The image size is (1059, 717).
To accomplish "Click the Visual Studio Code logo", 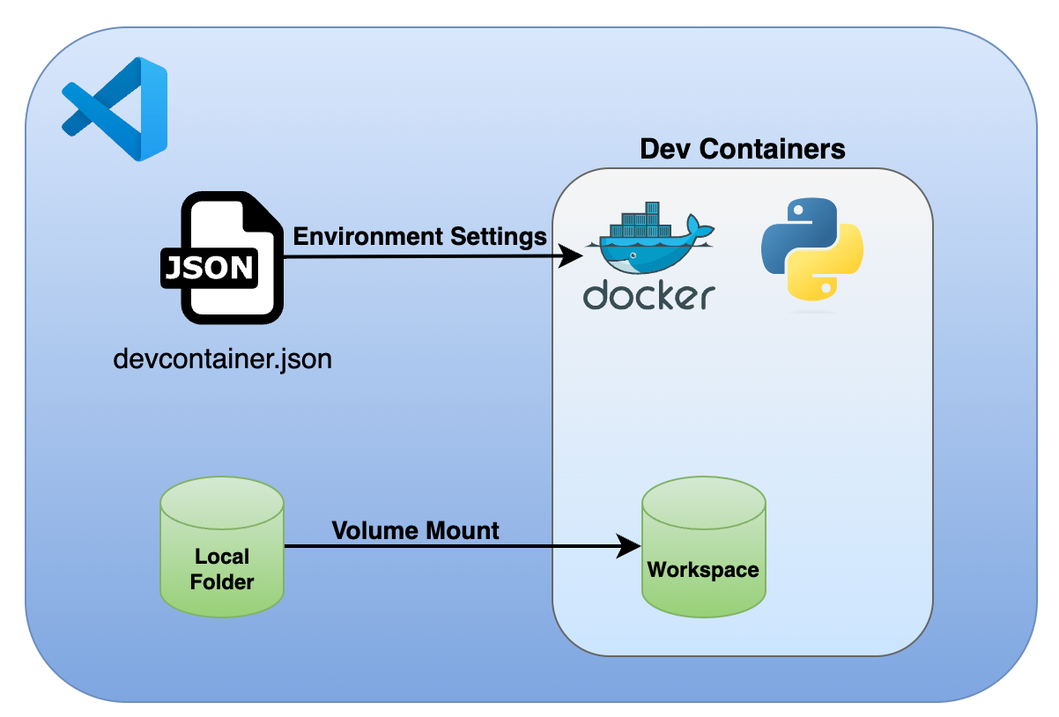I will (115, 108).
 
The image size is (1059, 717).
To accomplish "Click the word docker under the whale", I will (649, 296).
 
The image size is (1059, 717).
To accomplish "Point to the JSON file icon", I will (221, 259).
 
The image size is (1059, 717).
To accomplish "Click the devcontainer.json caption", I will (223, 359).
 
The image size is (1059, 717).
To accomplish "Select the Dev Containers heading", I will (742, 149).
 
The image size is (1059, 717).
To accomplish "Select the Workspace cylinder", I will (703, 547).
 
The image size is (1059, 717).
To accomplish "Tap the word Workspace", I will (703, 570).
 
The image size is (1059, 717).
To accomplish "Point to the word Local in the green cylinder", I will (222, 557).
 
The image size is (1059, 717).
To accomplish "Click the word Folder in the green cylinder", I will (222, 582).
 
